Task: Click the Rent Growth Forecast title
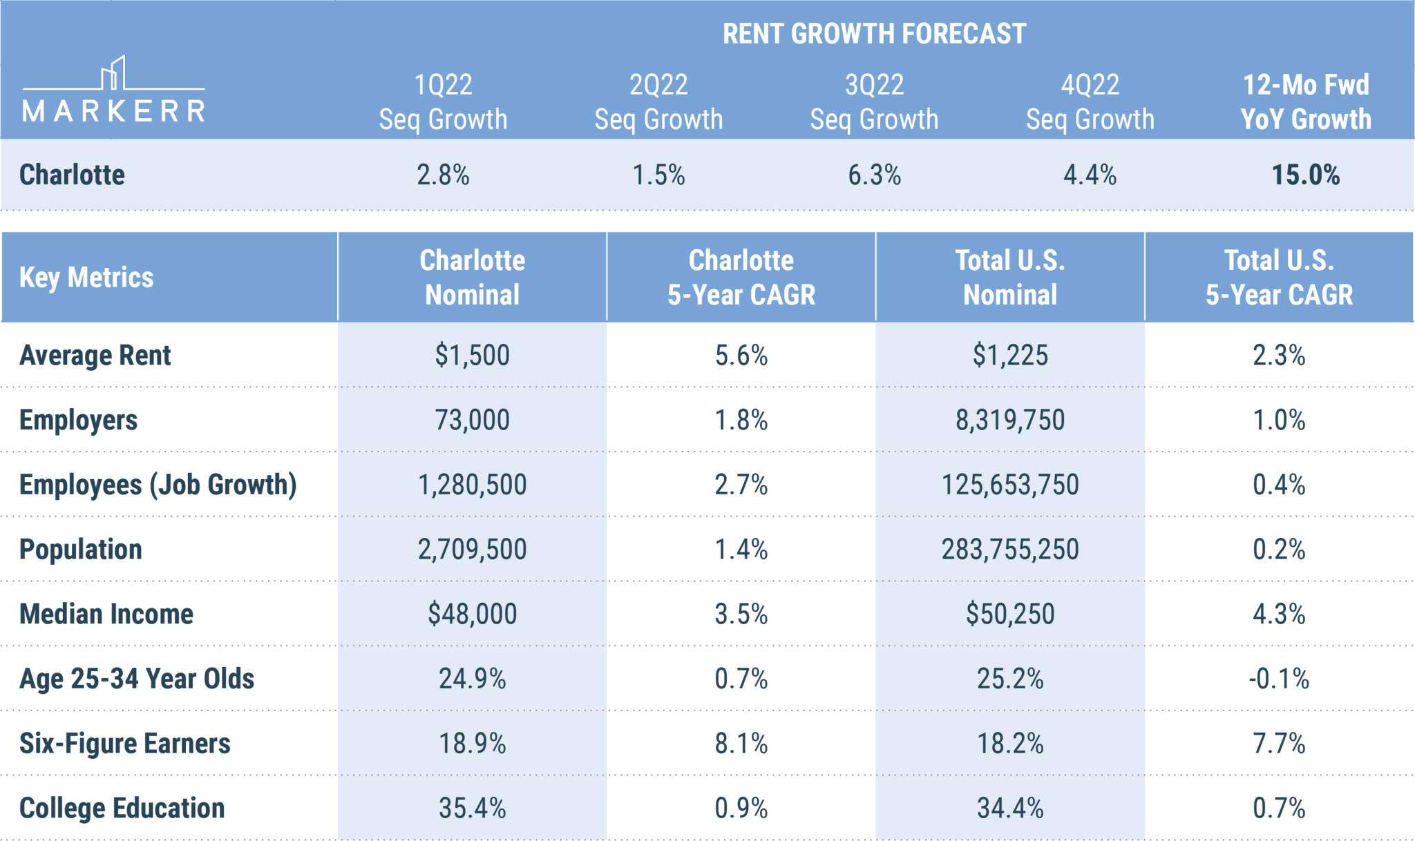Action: point(874,34)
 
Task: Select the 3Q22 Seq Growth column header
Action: point(874,102)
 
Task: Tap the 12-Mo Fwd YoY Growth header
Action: point(1305,102)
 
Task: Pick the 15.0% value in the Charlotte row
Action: point(1305,175)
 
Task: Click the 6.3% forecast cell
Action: point(874,175)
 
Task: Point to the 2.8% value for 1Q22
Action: point(443,175)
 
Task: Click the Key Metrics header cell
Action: point(86,278)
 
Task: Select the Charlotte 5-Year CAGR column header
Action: point(741,278)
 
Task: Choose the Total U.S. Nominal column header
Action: point(1009,278)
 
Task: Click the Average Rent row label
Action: point(95,356)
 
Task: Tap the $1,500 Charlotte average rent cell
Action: point(472,356)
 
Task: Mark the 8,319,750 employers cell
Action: point(1009,420)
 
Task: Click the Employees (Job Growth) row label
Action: point(158,485)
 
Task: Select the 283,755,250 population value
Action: point(1009,550)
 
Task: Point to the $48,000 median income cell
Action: point(472,614)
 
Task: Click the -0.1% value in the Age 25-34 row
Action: point(1278,679)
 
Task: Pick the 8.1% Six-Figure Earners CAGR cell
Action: point(741,744)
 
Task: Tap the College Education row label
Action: point(122,809)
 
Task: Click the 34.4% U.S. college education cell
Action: point(1009,809)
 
